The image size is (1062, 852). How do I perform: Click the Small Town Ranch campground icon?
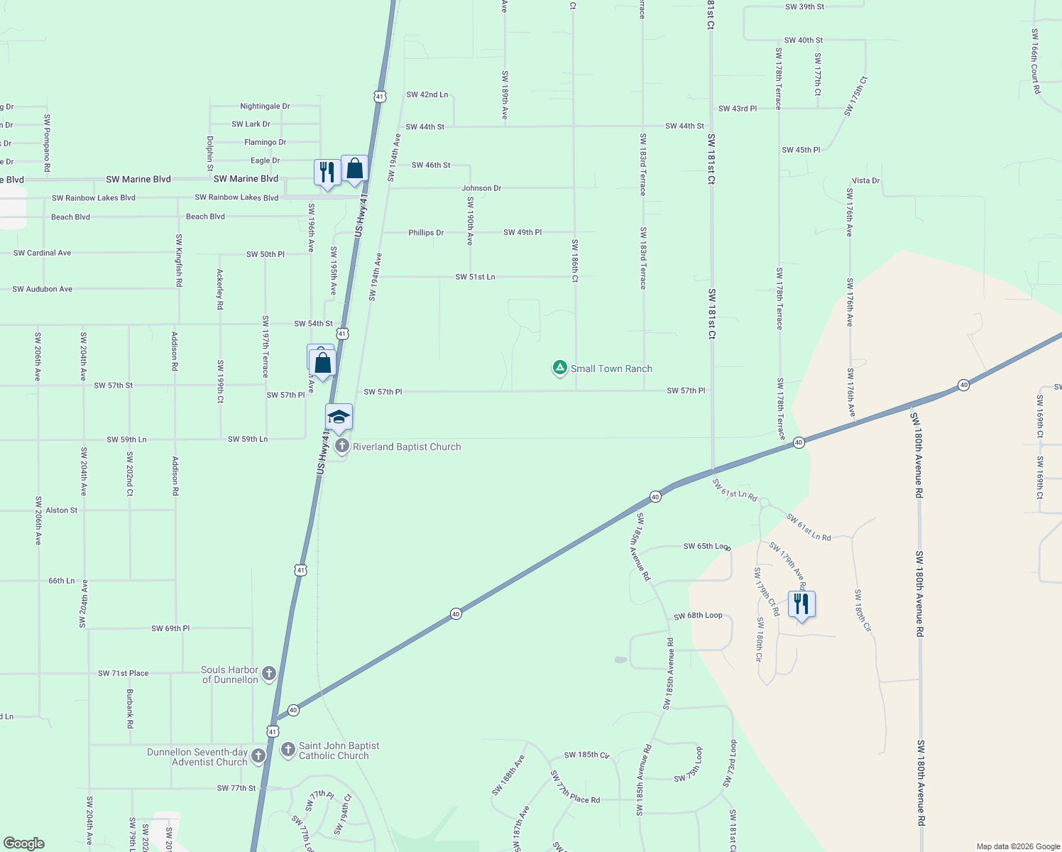pyautogui.click(x=559, y=368)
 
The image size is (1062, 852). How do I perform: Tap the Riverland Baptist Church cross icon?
pyautogui.click(x=341, y=447)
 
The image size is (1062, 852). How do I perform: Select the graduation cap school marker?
pyautogui.click(x=339, y=417)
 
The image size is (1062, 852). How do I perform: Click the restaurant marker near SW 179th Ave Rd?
pyautogui.click(x=801, y=604)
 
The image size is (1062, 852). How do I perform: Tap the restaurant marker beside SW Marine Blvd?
pyautogui.click(x=327, y=173)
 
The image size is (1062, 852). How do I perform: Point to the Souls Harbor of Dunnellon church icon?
pyautogui.click(x=268, y=674)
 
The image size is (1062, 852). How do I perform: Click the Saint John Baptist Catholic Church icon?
pyautogui.click(x=288, y=750)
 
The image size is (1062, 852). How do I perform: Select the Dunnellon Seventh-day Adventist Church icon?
pyautogui.click(x=258, y=756)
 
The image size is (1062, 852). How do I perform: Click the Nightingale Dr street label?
pyautogui.click(x=265, y=106)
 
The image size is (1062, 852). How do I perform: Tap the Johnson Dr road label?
pyautogui.click(x=481, y=188)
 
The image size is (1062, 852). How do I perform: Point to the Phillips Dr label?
pyautogui.click(x=426, y=232)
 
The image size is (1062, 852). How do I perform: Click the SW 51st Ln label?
pyautogui.click(x=475, y=277)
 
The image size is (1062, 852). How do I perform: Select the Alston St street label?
pyautogui.click(x=62, y=510)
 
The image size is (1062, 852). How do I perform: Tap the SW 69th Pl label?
pyautogui.click(x=170, y=628)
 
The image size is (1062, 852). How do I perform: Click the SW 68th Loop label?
pyautogui.click(x=698, y=616)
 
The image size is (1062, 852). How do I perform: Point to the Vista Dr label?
pyautogui.click(x=865, y=180)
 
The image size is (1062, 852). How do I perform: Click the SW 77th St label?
pyautogui.click(x=236, y=788)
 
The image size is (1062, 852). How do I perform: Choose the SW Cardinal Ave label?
pyautogui.click(x=42, y=253)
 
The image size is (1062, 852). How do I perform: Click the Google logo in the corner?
pyautogui.click(x=24, y=843)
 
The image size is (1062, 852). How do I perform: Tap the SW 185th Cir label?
pyautogui.click(x=586, y=755)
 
